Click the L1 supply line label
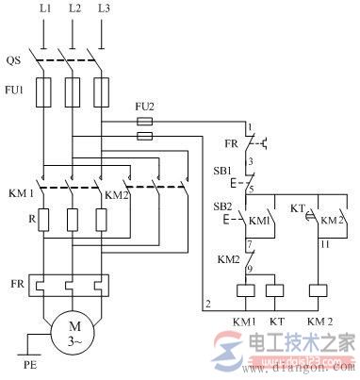coord(45,9)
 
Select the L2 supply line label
coord(75,9)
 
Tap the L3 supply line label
coord(104,9)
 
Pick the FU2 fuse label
coord(143,110)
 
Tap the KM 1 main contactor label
coord(21,194)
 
